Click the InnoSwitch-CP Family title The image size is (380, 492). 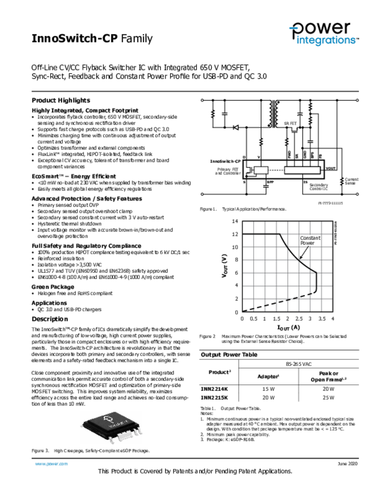tap(92, 39)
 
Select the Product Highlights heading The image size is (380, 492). tap(61, 100)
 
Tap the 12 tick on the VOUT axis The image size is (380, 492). tap(235, 234)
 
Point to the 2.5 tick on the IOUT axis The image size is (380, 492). tap(298, 319)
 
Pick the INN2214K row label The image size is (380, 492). tap(214, 389)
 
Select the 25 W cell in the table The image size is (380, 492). tap(329, 398)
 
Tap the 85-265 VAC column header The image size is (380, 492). tap(298, 365)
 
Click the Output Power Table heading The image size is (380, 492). tap(229, 355)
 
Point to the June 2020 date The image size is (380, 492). tap(347, 464)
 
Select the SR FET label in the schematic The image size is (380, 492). tap(291, 123)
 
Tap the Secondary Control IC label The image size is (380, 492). tap(319, 187)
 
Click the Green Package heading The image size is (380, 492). tap(53, 286)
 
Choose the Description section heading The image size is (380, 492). tap(50, 319)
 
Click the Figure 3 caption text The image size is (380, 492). tap(90, 451)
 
